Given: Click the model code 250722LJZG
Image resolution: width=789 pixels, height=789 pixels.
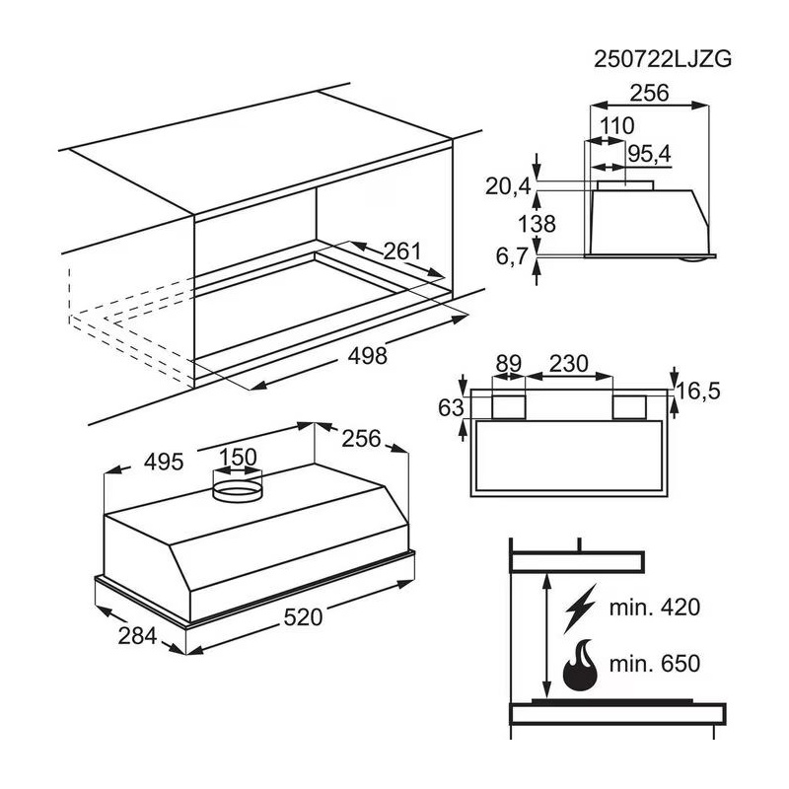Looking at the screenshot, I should click(x=663, y=58).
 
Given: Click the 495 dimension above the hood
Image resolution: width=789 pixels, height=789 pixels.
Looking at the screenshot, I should click(x=165, y=461).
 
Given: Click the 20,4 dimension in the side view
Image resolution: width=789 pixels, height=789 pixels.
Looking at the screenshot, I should click(x=508, y=185).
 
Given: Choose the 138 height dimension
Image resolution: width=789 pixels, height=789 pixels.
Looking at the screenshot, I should click(x=537, y=223).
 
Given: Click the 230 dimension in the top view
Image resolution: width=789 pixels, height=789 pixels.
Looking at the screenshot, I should click(x=568, y=363).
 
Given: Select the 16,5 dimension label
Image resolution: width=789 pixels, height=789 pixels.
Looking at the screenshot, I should click(x=699, y=391).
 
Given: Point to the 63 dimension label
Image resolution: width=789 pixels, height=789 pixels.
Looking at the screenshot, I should click(x=449, y=404).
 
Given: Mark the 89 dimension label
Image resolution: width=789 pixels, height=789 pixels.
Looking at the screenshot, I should click(x=509, y=363).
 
